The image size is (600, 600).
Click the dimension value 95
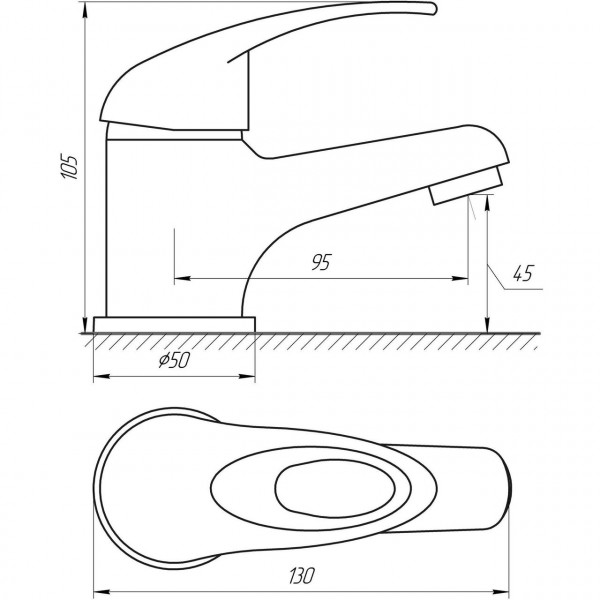(x=320, y=263)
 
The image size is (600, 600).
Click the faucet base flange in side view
(x=174, y=324)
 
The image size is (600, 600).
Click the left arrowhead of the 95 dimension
(x=179, y=278)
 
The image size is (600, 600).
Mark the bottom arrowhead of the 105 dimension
(x=85, y=326)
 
